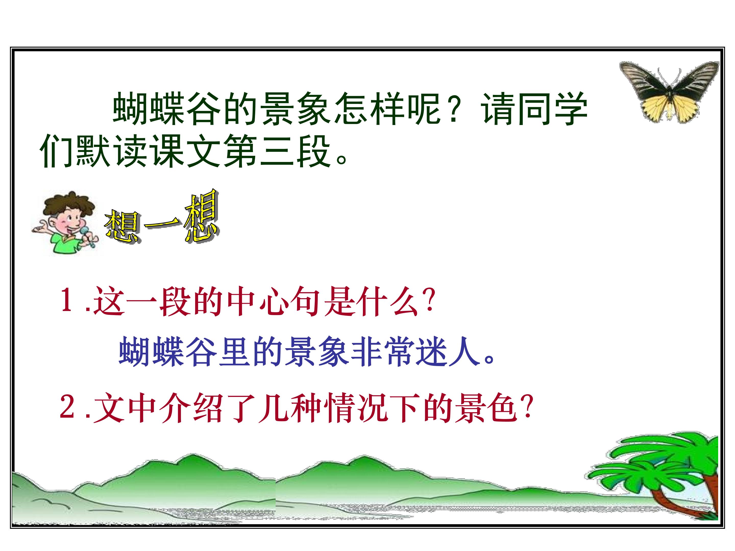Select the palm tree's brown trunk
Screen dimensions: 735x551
(x=681, y=498)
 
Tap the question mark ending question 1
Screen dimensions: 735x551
(x=429, y=300)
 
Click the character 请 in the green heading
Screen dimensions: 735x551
(x=498, y=109)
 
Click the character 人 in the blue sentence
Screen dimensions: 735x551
(x=464, y=352)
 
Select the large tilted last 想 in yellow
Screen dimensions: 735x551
(x=201, y=216)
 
